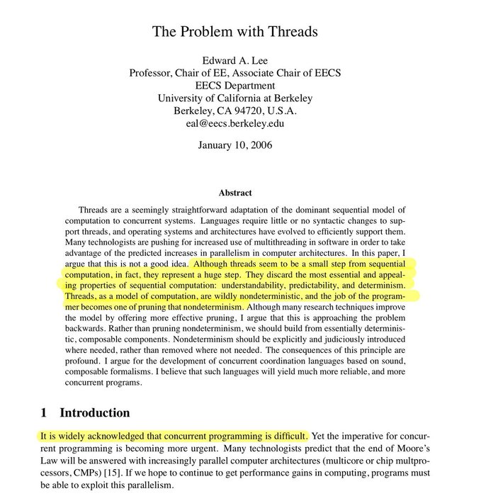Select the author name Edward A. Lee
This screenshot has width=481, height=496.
pyautogui.click(x=240, y=60)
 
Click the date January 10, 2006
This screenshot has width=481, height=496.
pyautogui.click(x=240, y=146)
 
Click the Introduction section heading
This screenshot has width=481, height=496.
pyautogui.click(x=95, y=413)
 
